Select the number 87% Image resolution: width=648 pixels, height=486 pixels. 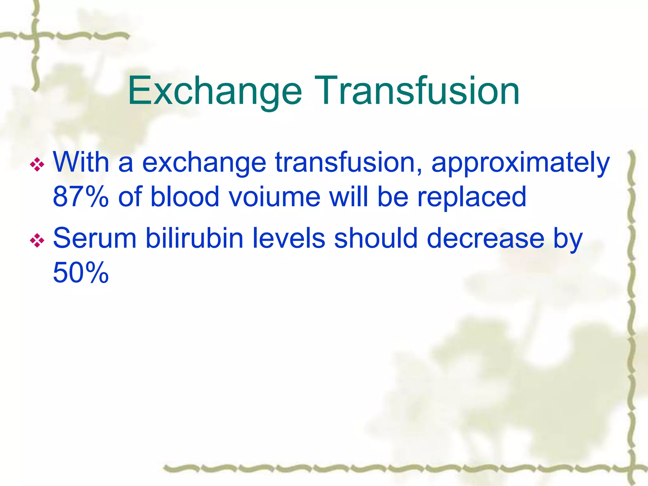point(81,197)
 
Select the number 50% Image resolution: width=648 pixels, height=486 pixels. point(81,273)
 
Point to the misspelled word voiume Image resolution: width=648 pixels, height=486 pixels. point(274,197)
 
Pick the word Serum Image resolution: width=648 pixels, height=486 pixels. point(95,238)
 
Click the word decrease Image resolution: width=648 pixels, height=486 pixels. point(486,238)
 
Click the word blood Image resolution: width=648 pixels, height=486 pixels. point(185,197)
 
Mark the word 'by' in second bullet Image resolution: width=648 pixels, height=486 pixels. point(568,240)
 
